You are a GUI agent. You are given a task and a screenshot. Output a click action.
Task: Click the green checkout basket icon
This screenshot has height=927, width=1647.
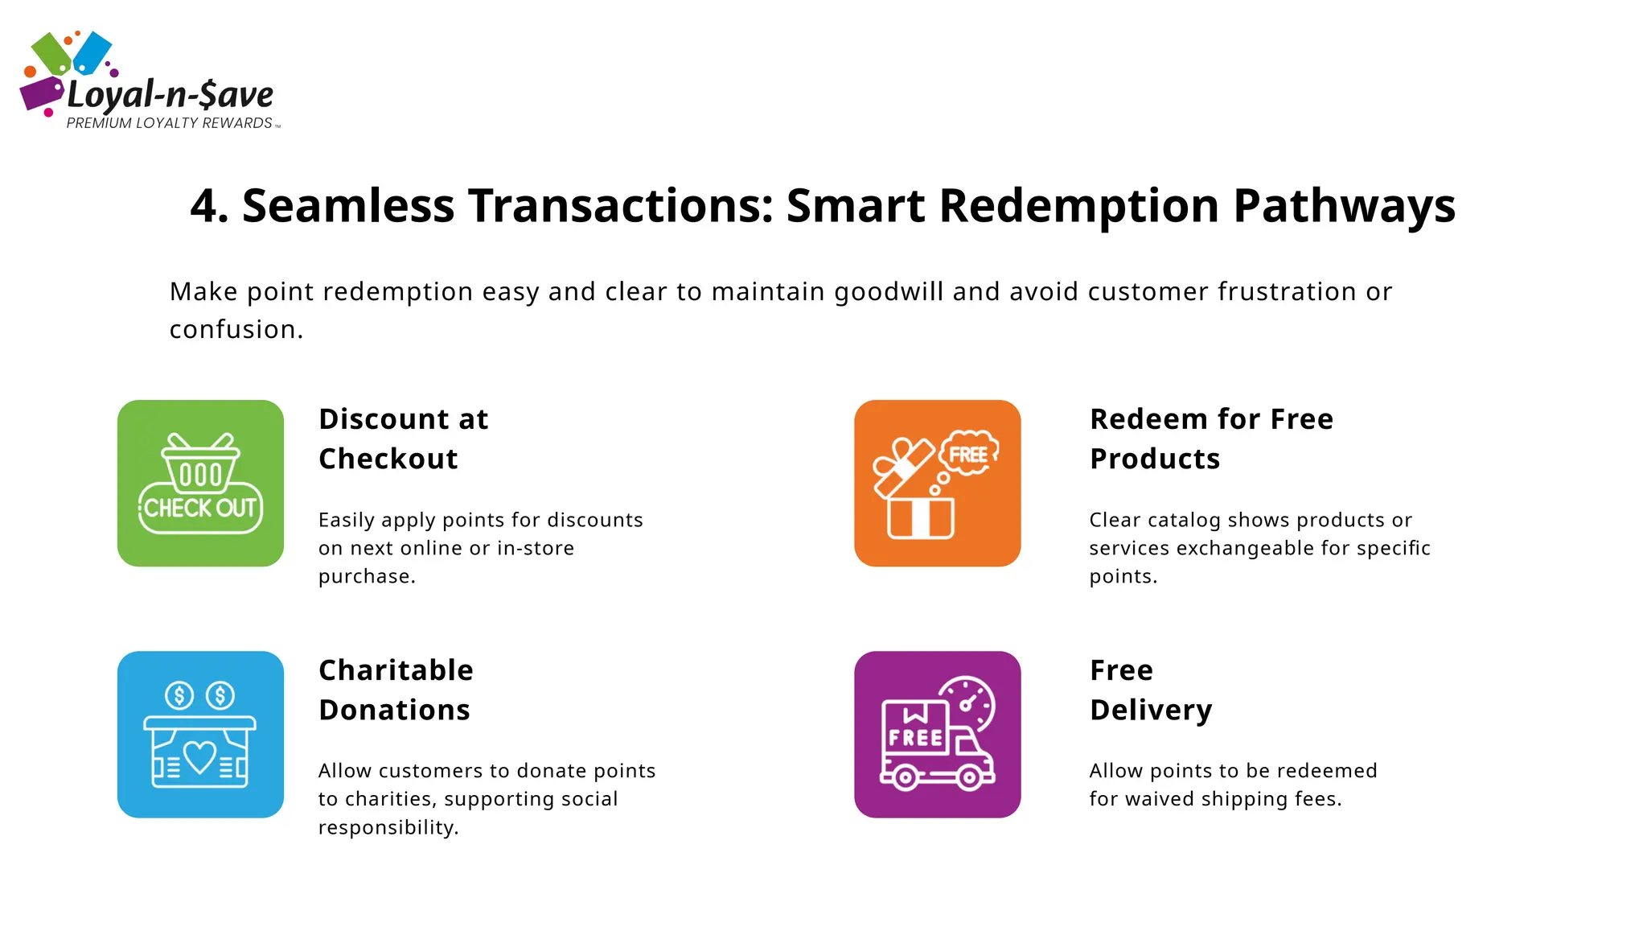[200, 483]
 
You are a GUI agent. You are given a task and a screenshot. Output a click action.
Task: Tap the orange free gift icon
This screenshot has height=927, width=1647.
[937, 483]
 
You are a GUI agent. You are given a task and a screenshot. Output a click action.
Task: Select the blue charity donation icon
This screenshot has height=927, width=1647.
[200, 734]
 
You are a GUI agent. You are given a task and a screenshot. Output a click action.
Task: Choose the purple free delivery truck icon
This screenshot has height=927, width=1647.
[937, 734]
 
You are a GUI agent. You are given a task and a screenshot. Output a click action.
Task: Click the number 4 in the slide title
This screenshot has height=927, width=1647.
[204, 206]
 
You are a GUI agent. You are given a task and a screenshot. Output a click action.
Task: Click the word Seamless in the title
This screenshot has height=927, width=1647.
[347, 206]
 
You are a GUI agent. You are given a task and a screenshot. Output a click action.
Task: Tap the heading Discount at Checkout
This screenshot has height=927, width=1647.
[403, 439]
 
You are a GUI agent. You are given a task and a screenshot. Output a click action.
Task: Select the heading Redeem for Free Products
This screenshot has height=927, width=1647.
[1210, 439]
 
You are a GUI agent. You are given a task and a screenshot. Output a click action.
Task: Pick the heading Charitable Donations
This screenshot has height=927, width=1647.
[396, 690]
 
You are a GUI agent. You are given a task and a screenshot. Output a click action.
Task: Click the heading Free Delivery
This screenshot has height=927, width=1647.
[1150, 690]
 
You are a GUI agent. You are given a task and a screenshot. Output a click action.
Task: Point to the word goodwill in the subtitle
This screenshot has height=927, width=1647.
[888, 292]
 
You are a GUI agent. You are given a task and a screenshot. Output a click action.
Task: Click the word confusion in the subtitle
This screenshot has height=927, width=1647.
[232, 330]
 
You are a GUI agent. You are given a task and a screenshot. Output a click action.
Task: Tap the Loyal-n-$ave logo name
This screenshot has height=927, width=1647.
[170, 95]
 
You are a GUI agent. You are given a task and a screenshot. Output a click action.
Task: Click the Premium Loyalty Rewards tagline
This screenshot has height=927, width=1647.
[170, 123]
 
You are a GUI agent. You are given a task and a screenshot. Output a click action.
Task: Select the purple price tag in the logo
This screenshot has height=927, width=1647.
[41, 93]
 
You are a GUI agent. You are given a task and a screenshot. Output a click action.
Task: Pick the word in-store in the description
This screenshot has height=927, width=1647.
[536, 548]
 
